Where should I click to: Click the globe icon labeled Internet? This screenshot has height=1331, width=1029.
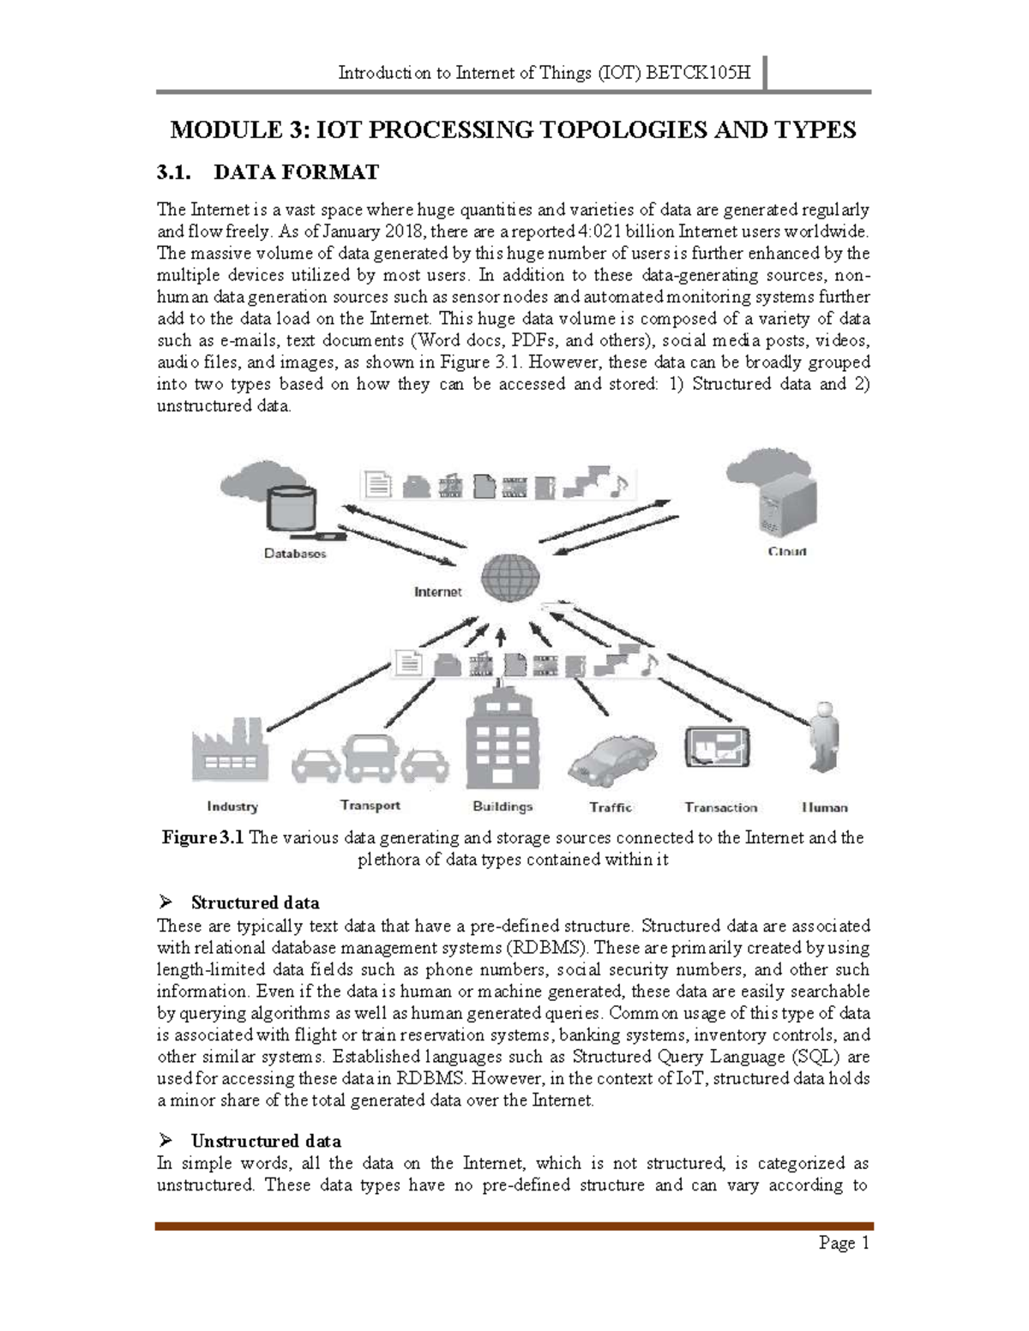(509, 578)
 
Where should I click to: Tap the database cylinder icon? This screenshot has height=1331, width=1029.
(292, 508)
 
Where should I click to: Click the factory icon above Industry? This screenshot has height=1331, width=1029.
(229, 751)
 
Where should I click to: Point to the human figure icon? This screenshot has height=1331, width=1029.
(824, 739)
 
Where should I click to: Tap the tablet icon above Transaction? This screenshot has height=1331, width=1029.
(717, 747)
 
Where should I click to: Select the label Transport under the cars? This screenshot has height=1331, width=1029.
(370, 805)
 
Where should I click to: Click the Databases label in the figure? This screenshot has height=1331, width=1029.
(295, 554)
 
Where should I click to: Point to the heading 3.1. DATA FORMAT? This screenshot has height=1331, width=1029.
(268, 172)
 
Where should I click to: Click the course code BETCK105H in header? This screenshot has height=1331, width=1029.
(697, 73)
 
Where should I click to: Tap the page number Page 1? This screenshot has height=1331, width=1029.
(844, 1243)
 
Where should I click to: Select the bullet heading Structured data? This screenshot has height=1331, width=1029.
(255, 902)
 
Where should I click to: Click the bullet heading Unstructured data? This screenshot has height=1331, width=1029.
(266, 1141)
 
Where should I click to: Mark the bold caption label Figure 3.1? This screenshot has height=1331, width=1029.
(203, 837)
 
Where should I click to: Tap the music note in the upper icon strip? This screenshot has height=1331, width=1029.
(619, 485)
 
